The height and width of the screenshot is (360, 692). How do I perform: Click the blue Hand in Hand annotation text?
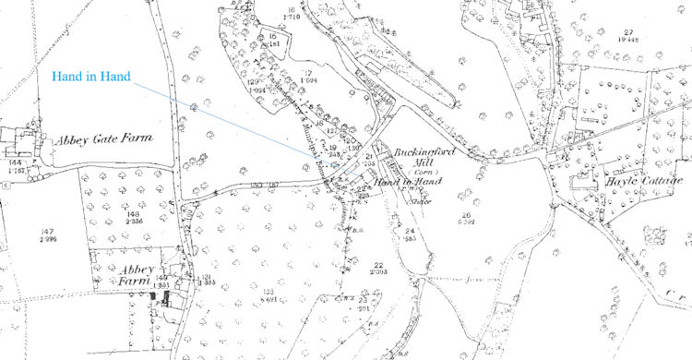91,75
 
